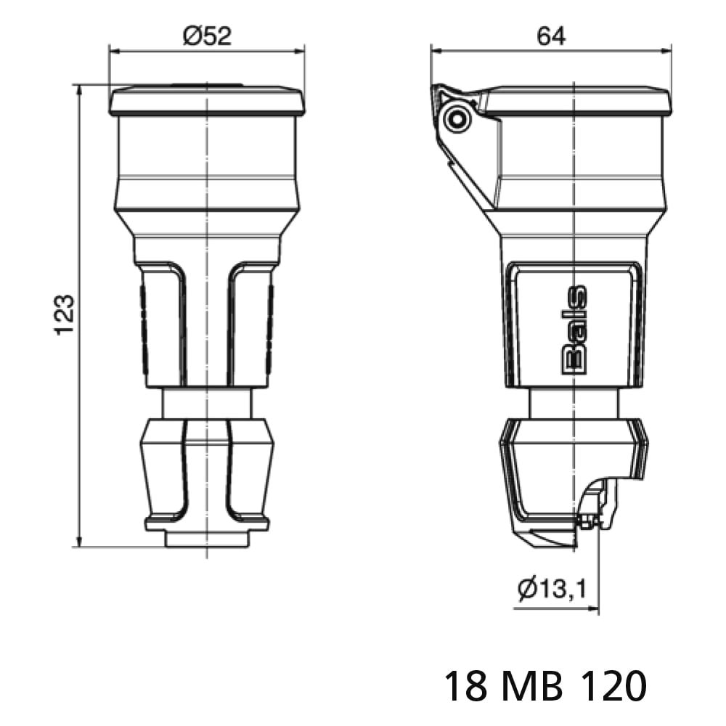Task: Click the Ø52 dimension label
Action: (x=207, y=36)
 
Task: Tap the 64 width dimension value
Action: (x=552, y=36)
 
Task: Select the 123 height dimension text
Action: (x=65, y=315)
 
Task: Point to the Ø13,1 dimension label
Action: (x=552, y=589)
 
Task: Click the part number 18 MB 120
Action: (x=545, y=686)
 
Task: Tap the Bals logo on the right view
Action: (x=574, y=330)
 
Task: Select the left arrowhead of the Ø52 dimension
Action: (x=114, y=51)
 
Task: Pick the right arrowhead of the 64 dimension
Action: (x=666, y=51)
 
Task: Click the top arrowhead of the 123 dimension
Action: (x=79, y=90)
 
